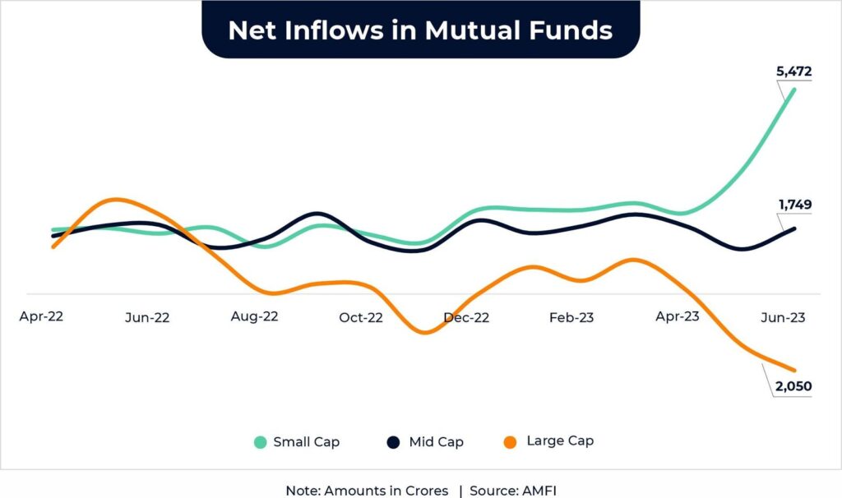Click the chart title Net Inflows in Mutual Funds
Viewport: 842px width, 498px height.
coord(420,30)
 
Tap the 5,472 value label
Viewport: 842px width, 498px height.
coord(794,71)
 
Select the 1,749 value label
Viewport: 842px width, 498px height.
coord(794,203)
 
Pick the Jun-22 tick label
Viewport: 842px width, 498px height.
coord(147,318)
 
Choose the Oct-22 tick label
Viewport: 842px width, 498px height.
coord(360,318)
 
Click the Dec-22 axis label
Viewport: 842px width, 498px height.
coord(466,318)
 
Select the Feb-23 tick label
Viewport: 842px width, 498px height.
coord(571,318)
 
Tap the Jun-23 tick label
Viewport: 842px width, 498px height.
coord(782,318)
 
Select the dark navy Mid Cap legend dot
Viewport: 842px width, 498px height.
coord(394,442)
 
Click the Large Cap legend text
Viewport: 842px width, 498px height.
coord(560,441)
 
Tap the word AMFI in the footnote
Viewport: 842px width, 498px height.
coord(539,491)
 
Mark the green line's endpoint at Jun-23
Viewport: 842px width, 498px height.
coord(794,89)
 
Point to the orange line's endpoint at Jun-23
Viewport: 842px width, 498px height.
coord(794,370)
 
